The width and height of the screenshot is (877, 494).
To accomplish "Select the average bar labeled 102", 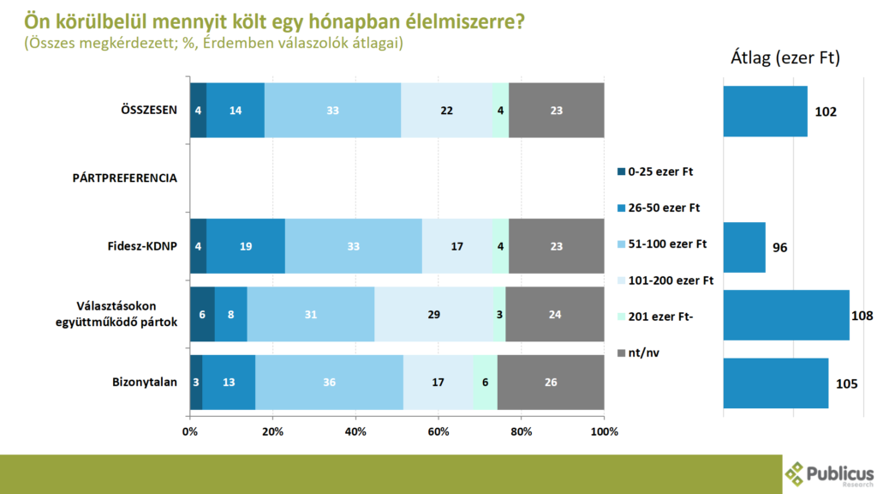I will pos(765,111).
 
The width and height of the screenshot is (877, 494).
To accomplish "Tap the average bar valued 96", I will pos(744,247).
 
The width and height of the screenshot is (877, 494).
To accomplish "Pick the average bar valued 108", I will pos(785,315).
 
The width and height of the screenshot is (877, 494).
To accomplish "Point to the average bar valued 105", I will pos(775,383).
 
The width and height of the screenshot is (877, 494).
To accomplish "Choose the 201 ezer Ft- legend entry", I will pos(659,316).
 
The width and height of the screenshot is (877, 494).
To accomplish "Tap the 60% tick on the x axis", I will pos(438,431).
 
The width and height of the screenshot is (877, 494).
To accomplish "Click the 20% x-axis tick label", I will pos(272,431).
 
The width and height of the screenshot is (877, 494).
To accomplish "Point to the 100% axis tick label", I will pos(604,431).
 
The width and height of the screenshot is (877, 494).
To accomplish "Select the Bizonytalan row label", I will pos(146,382).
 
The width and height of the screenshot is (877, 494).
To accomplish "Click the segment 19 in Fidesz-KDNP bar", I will pos(246,246).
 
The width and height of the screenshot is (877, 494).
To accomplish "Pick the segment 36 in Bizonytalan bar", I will pos(329,382).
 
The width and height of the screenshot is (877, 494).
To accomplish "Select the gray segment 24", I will pos(554,314).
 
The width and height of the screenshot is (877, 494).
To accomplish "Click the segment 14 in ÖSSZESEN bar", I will pos(236,111).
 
